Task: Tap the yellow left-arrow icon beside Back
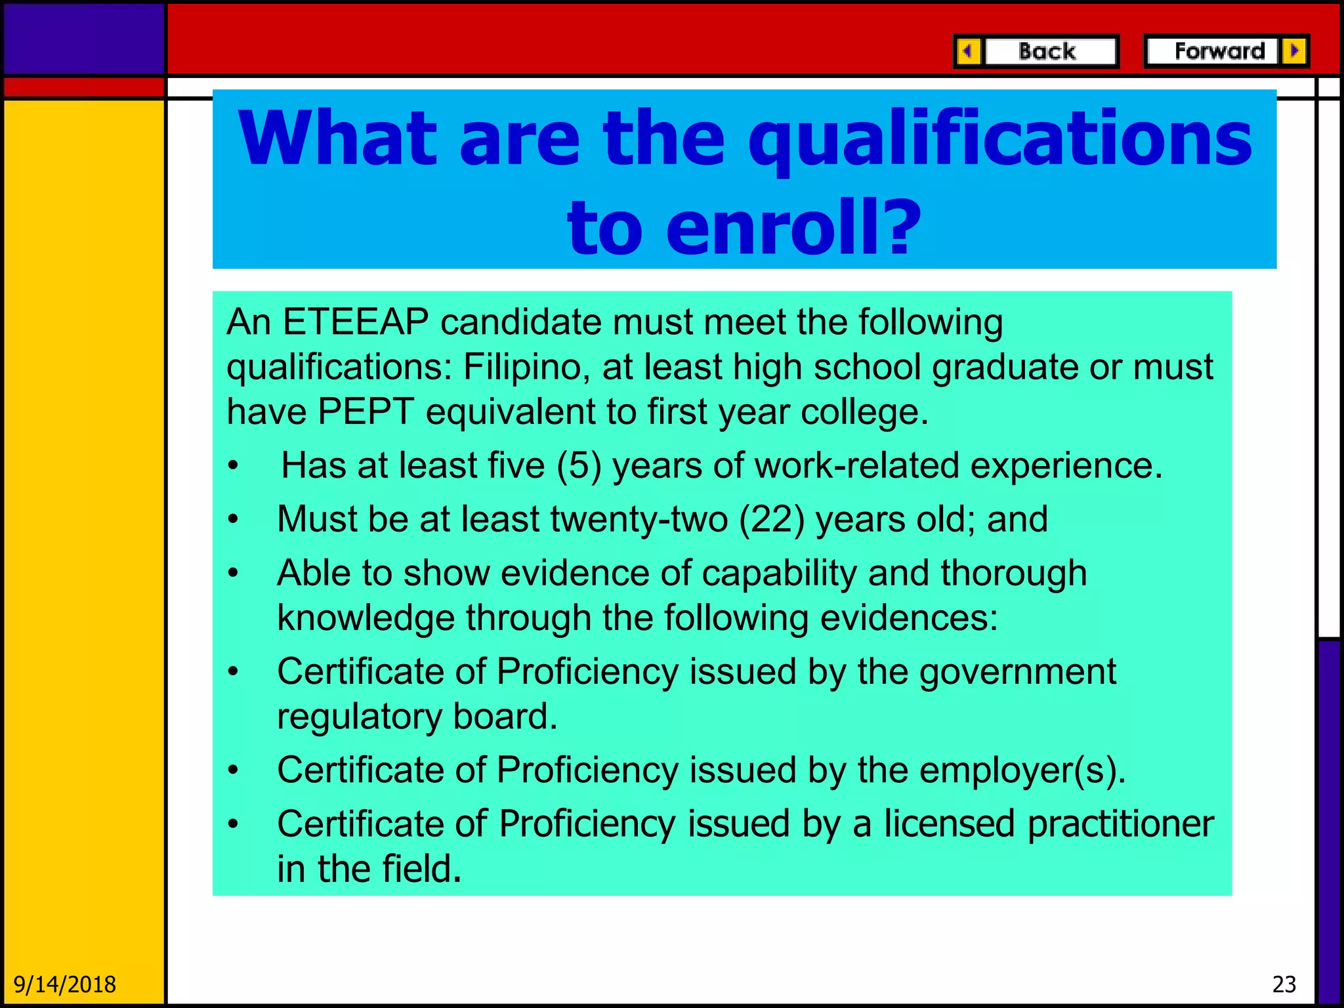(968, 51)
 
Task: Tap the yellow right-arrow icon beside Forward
(1294, 51)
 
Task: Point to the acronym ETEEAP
(356, 322)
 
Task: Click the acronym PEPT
(366, 412)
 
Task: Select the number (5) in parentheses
(579, 466)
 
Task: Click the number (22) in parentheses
(772, 520)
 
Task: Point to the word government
(1017, 672)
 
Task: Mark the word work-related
(857, 466)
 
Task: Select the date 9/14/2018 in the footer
(65, 985)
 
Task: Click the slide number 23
(1284, 985)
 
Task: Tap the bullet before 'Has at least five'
(232, 467)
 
